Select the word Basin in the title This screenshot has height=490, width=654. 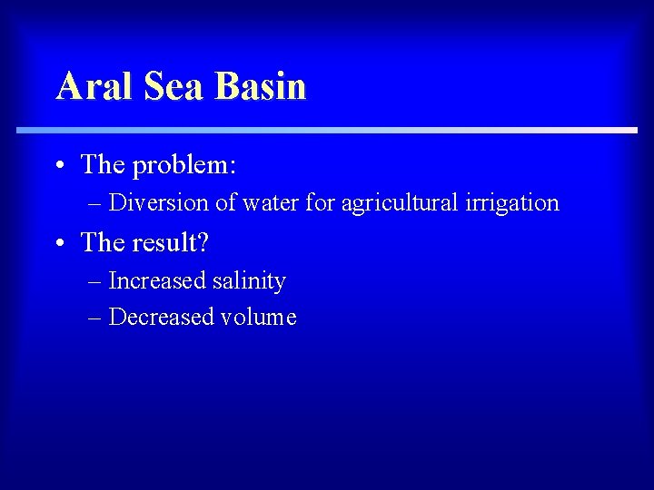coord(262,86)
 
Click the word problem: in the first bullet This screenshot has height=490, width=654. coord(184,165)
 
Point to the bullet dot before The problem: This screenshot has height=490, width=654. coord(58,166)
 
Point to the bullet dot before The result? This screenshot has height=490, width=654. coord(58,243)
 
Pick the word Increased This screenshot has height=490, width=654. coord(157,281)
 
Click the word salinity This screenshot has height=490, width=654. coord(250,282)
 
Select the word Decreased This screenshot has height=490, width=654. coord(159,317)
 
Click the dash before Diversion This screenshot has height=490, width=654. coord(96,203)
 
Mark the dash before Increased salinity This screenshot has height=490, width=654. coord(96,282)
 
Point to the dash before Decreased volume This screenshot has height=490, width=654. coord(96,318)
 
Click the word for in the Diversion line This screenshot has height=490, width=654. coord(321,202)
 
